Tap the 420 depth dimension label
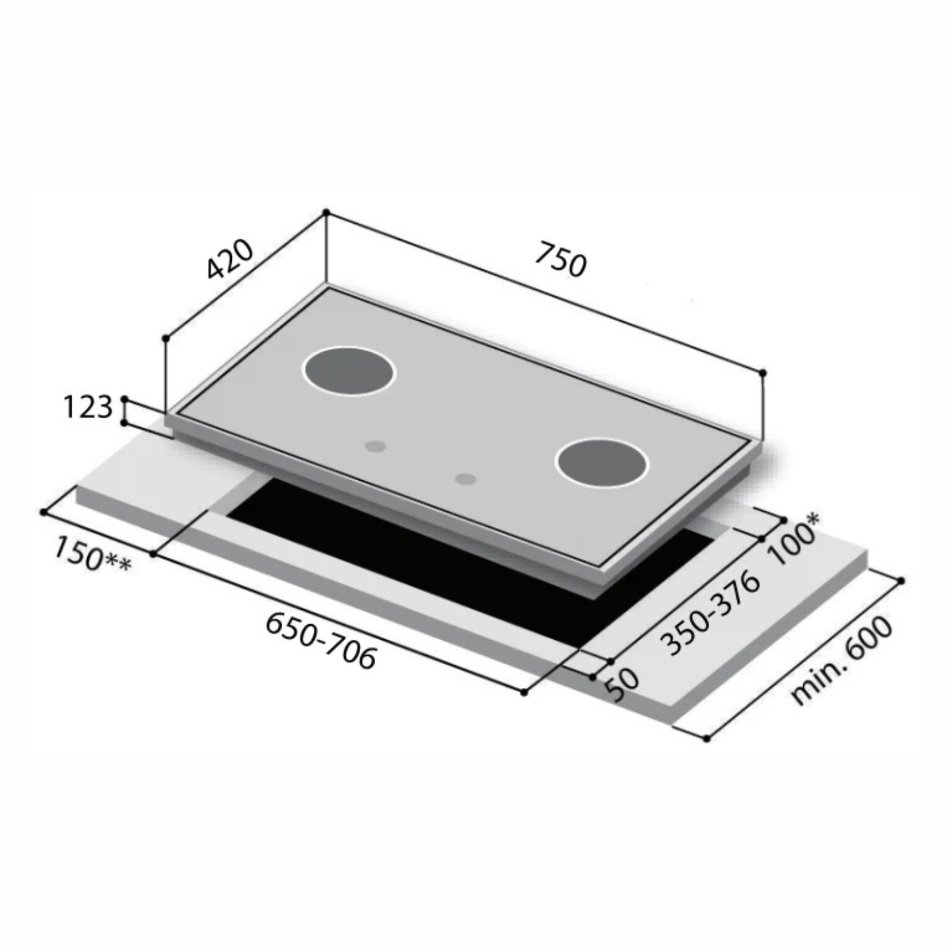coord(229,259)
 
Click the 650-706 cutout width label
coord(321,640)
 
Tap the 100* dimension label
coord(795,538)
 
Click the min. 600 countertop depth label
coord(841,660)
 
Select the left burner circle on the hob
coord(349,372)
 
